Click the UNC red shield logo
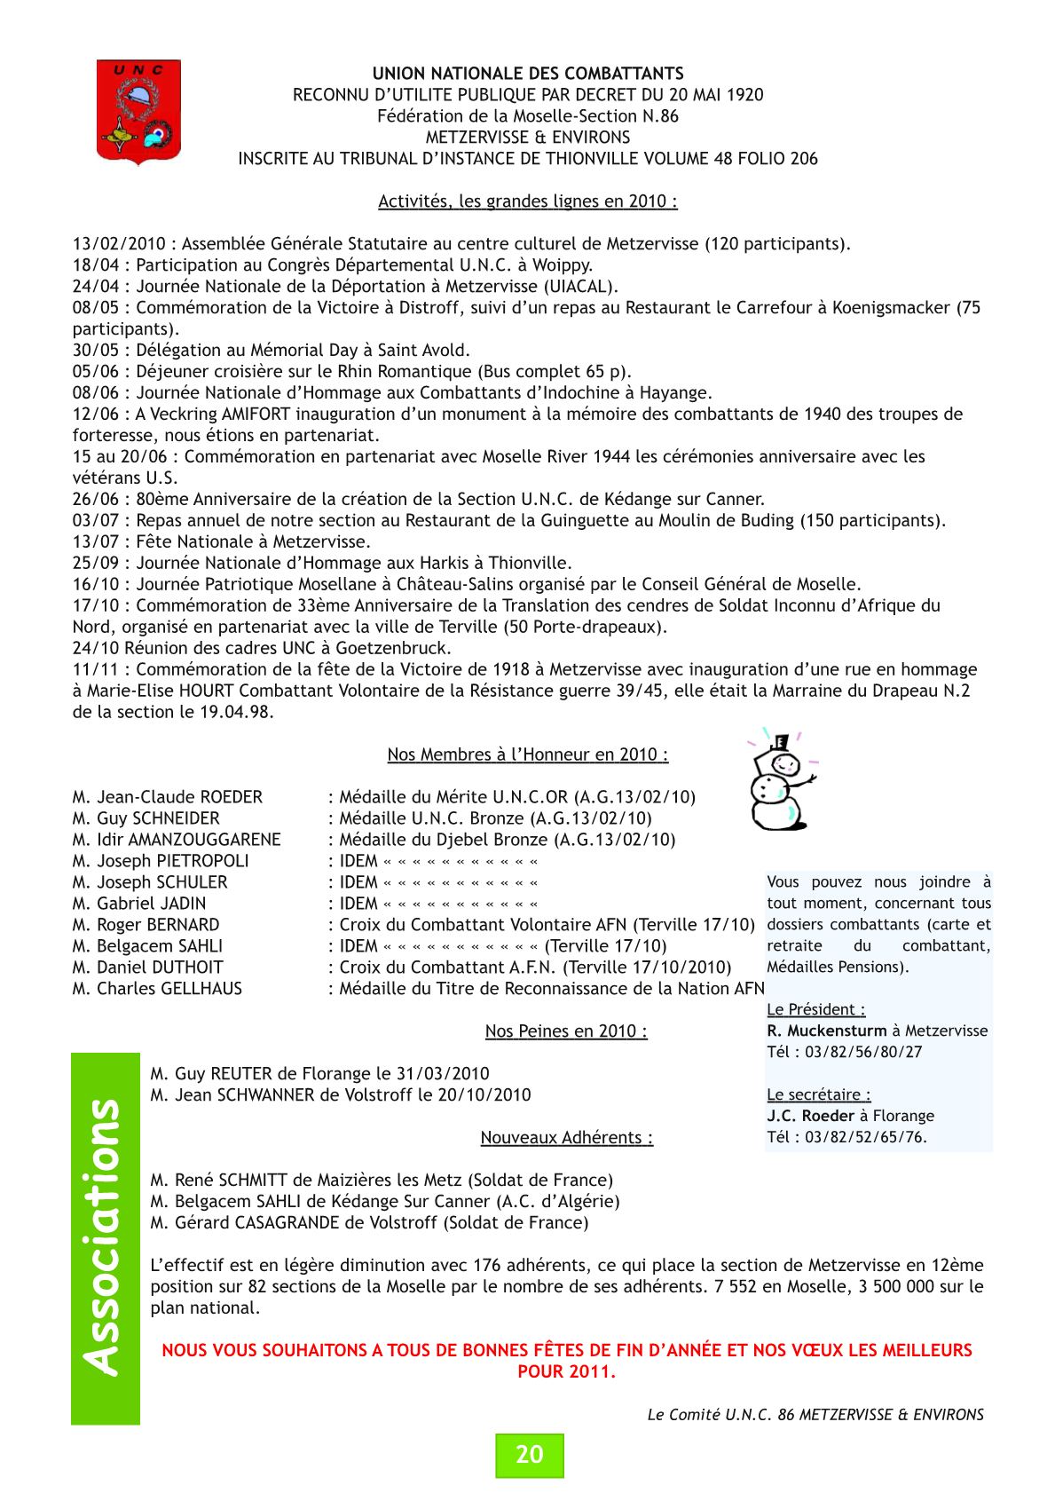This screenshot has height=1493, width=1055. point(138,110)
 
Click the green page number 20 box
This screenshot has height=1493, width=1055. point(529,1455)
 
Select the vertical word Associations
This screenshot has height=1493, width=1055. point(105,1237)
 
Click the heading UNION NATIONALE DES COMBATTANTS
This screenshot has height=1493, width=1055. point(528,74)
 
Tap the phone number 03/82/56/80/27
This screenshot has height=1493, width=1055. point(863,1053)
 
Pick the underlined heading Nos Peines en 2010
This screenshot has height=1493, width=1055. point(565,1031)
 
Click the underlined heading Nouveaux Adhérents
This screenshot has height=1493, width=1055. point(566,1138)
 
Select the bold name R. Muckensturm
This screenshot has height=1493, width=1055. point(826,1031)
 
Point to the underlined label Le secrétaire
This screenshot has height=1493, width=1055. point(818,1095)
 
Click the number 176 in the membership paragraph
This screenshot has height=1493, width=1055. point(487,1266)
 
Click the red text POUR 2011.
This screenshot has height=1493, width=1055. point(566,1372)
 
